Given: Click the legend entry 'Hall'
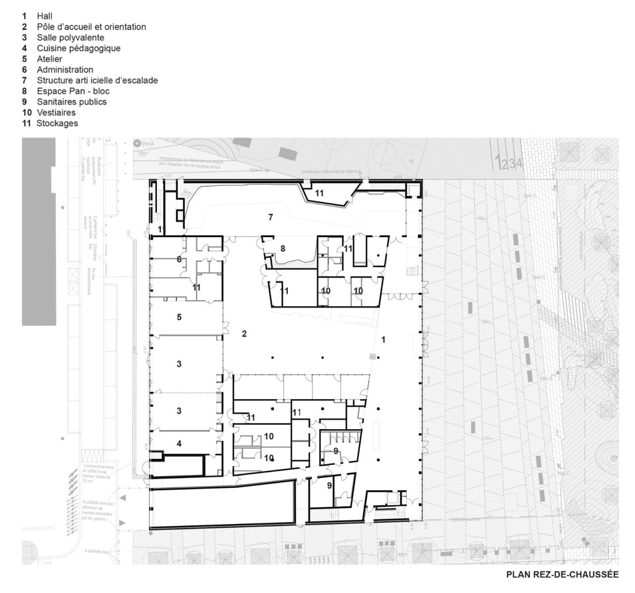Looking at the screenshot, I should pos(44,16).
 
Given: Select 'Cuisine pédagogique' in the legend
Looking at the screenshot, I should pos(78,48).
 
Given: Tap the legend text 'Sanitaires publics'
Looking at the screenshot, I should pos(71,102).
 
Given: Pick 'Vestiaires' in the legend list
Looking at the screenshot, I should pos(56,113).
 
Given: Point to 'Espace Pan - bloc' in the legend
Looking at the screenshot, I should pos(73,91).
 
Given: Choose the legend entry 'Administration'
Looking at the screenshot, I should pos(64,70).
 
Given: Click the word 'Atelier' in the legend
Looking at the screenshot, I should pos(49,59).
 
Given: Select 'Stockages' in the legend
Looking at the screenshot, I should pos(57,123).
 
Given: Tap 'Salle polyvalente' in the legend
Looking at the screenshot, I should pos(70,38).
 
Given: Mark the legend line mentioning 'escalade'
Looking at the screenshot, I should pos(97,80).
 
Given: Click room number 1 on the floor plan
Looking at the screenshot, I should pos(383,340).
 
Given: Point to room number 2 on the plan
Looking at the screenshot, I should pos(244,334).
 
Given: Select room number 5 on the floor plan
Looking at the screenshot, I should pos(179,317).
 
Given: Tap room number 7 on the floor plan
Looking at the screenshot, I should pos(270,217).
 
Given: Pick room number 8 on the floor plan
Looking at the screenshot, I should pos(283,248).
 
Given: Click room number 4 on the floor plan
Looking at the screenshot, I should pos(179,444).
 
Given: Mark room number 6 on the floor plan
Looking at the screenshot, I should pos(179,259).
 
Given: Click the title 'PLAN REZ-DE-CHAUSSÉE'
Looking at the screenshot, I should pos(562,575).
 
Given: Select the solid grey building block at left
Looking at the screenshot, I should pos(39,231).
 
